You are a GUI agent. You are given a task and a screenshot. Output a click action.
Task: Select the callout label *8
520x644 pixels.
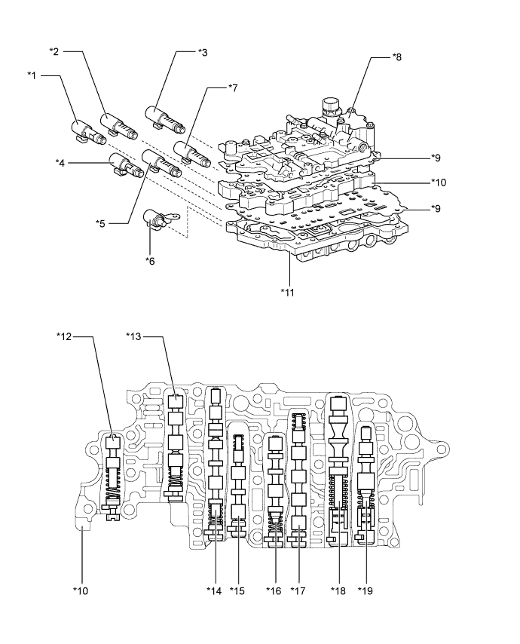pyautogui.click(x=397, y=57)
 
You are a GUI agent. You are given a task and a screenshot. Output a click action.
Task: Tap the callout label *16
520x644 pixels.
pyautogui.click(x=273, y=590)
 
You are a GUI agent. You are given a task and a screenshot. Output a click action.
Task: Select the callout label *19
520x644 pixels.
pyautogui.click(x=366, y=590)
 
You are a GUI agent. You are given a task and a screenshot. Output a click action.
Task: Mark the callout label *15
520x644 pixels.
pyautogui.click(x=239, y=590)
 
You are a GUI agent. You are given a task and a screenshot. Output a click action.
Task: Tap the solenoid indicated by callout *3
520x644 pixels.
pyautogui.click(x=163, y=118)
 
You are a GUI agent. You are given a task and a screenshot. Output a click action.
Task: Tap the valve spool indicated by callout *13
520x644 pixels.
pyautogui.click(x=175, y=445)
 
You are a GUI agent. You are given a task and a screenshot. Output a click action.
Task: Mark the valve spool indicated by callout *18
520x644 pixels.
pyautogui.click(x=337, y=468)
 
